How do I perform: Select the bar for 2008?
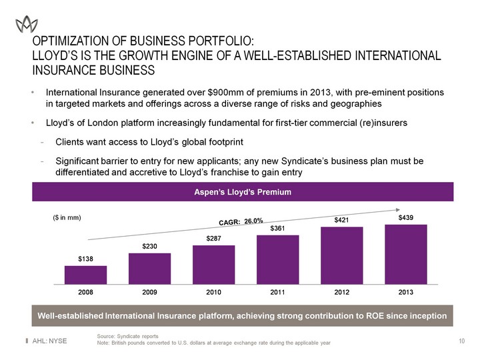(x=85, y=275)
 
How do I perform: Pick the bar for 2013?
(x=405, y=254)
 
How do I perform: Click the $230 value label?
(x=149, y=247)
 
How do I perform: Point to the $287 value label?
(x=213, y=238)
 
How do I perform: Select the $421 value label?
(x=342, y=219)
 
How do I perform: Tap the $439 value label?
(x=406, y=217)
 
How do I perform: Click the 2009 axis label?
(x=149, y=292)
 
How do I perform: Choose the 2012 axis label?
(x=342, y=292)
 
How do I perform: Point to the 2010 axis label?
(x=213, y=292)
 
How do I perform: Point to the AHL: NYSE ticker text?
(x=53, y=341)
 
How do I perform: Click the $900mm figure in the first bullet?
(x=211, y=92)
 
